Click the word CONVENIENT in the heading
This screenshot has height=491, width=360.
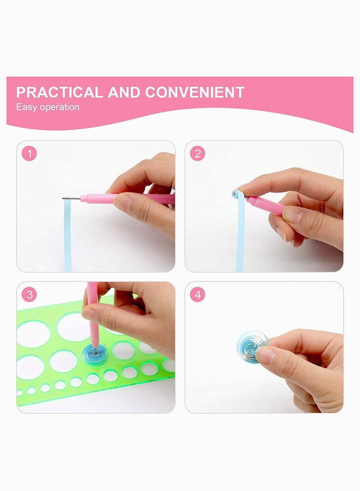tap(194, 92)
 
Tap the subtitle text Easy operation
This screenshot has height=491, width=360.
tap(48, 107)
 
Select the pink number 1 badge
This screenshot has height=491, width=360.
tap(30, 153)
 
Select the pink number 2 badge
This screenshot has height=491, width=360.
tap(197, 153)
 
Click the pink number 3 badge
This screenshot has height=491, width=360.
tap(30, 294)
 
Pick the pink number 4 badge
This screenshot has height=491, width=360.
tap(197, 294)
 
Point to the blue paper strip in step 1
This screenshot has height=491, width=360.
tap(67, 234)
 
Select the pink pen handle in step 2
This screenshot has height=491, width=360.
tap(265, 204)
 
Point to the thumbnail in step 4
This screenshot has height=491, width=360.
tap(265, 356)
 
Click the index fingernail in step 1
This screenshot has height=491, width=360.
tap(121, 203)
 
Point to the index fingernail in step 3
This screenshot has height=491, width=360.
tap(89, 314)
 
